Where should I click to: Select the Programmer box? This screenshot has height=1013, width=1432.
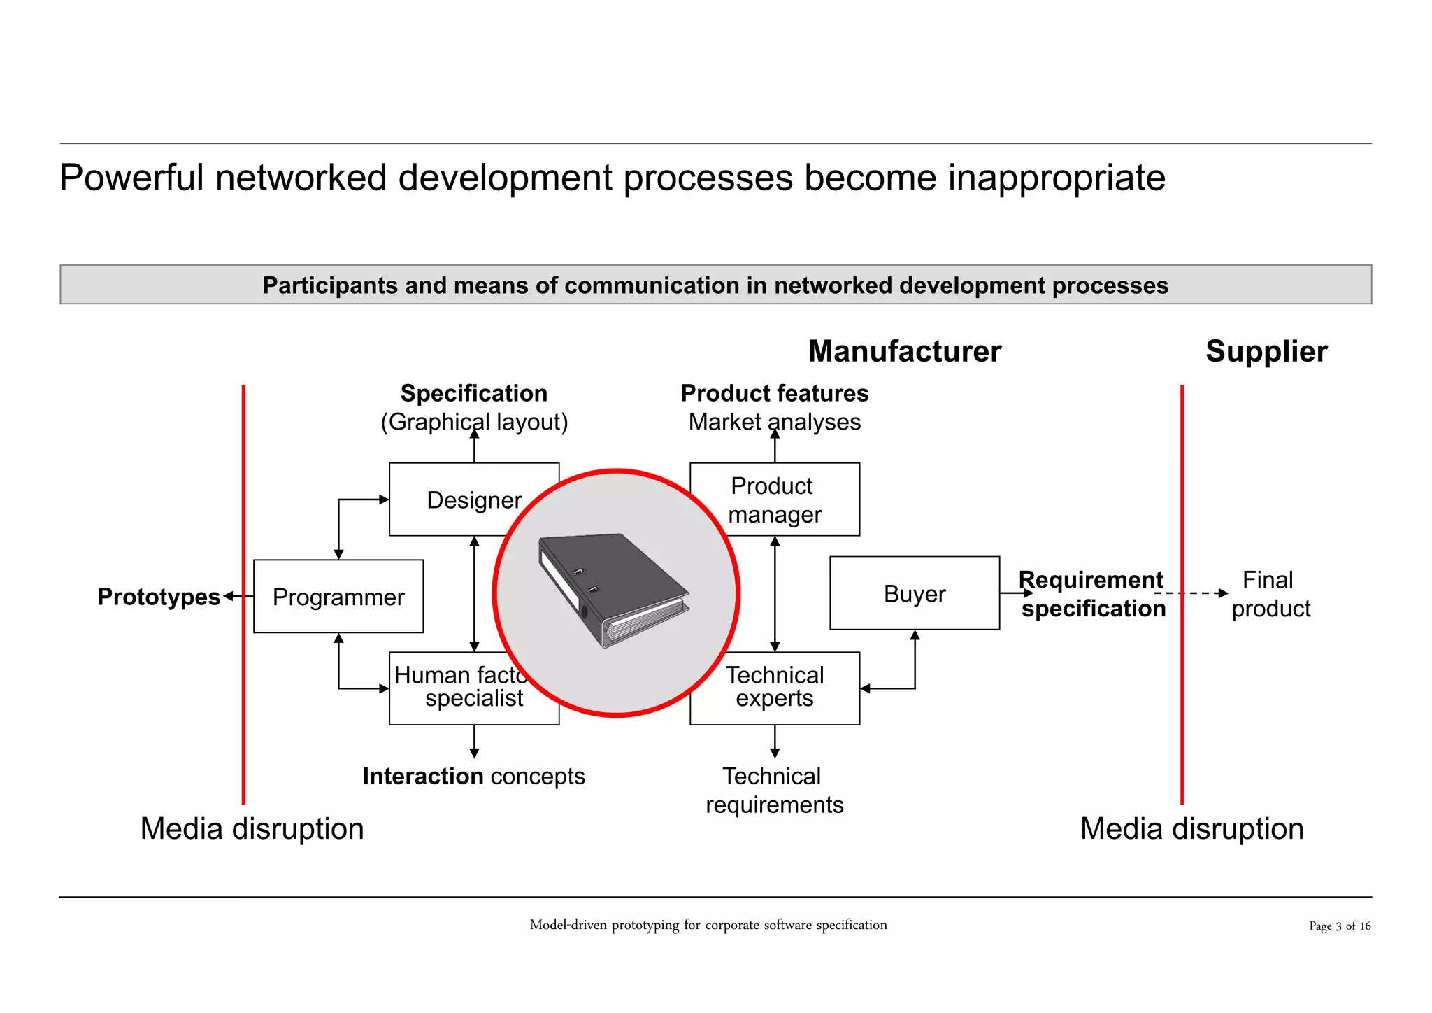(338, 597)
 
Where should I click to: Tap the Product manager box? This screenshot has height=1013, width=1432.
(774, 500)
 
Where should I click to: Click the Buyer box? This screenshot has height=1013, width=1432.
(914, 593)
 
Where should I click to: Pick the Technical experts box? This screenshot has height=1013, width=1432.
(774, 688)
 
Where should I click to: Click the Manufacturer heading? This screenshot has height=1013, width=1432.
(904, 351)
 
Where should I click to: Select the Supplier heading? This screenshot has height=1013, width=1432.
(1266, 351)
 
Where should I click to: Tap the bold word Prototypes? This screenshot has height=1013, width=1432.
(159, 597)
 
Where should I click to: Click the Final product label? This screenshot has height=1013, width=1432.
(1269, 594)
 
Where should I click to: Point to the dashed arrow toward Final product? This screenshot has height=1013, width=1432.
(1192, 593)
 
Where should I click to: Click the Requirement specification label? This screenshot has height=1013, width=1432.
(1092, 594)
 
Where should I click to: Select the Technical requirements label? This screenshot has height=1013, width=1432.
(774, 790)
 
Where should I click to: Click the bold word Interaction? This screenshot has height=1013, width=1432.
(422, 776)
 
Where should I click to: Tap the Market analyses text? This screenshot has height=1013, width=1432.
(774, 422)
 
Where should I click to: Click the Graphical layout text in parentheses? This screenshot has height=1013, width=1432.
(474, 422)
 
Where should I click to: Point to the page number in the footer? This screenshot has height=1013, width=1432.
(1339, 926)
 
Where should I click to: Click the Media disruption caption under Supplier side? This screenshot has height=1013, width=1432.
(1191, 828)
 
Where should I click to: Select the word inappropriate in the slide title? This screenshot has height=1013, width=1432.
(1056, 178)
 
